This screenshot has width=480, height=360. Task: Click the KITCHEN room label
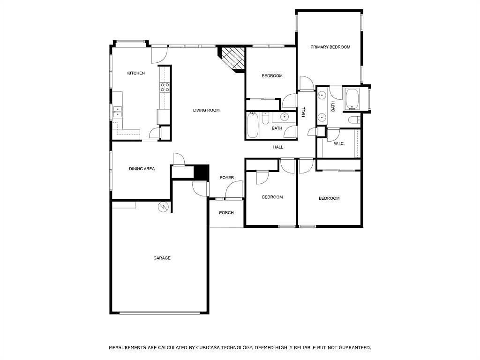136,73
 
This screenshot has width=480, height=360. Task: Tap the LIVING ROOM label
206,110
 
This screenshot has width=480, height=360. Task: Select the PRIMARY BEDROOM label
330,47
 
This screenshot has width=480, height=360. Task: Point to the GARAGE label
162,258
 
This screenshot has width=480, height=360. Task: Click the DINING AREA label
142,169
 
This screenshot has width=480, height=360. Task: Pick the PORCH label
226,213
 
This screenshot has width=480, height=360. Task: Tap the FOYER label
227,178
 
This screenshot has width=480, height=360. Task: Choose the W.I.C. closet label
339,143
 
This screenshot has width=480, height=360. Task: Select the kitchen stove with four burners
165,87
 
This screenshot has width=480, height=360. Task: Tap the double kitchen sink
117,112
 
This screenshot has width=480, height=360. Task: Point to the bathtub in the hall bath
253,125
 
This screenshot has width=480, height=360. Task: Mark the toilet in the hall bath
265,119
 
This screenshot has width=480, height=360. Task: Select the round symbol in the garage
163,207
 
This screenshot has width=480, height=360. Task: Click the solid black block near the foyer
202,172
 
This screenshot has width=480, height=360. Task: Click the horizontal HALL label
278,147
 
